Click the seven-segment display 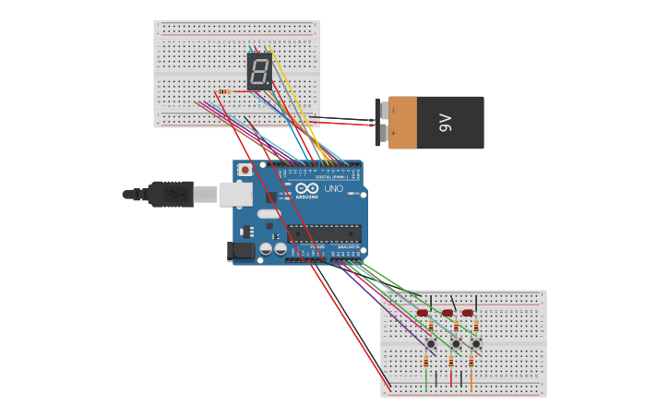click(259, 71)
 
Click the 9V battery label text click(445, 123)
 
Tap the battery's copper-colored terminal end click(402, 123)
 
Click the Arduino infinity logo click(306, 188)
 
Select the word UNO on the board click(333, 188)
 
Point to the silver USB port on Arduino click(235, 194)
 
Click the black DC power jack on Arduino click(241, 251)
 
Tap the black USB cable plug click(170, 194)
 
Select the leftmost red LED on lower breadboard click(423, 313)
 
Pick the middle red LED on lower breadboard click(448, 313)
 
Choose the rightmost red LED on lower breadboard click(468, 313)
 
